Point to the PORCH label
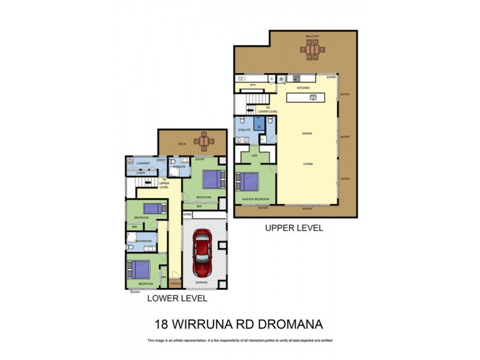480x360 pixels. click(176, 283)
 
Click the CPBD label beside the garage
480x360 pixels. click(188, 214)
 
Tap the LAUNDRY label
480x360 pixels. click(143, 163)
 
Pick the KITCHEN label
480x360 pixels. click(303, 88)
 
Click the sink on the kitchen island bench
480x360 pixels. click(313, 97)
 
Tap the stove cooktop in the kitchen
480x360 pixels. click(296, 78)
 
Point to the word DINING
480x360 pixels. click(307, 134)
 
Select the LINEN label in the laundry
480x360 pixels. click(140, 173)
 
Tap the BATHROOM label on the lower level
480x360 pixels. click(143, 241)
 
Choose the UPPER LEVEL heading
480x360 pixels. click(294, 228)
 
